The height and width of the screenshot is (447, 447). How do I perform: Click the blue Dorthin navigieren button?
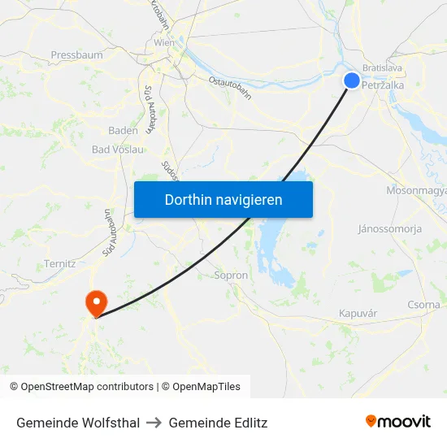coord(223,199)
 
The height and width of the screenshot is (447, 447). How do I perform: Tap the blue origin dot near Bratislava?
coord(352,80)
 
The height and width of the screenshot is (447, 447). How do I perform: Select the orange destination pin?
coord(96,302)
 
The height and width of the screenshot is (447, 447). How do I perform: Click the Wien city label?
coord(164,42)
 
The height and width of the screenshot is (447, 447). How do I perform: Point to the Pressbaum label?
coord(76,55)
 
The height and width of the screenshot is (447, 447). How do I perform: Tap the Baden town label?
coord(123,130)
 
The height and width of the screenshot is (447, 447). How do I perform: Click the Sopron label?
coord(230,276)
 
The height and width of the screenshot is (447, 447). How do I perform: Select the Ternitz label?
coord(61,263)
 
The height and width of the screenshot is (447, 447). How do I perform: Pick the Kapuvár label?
coord(358,313)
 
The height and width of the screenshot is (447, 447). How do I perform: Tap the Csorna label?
coord(423,305)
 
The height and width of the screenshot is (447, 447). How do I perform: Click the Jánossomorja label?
coord(389,229)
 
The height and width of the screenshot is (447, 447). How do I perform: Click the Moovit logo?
coord(398,421)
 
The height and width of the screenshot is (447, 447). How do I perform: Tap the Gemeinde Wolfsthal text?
coord(78,423)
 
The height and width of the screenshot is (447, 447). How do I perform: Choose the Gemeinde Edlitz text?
coord(218,423)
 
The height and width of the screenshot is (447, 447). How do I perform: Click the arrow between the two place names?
coord(154,423)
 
